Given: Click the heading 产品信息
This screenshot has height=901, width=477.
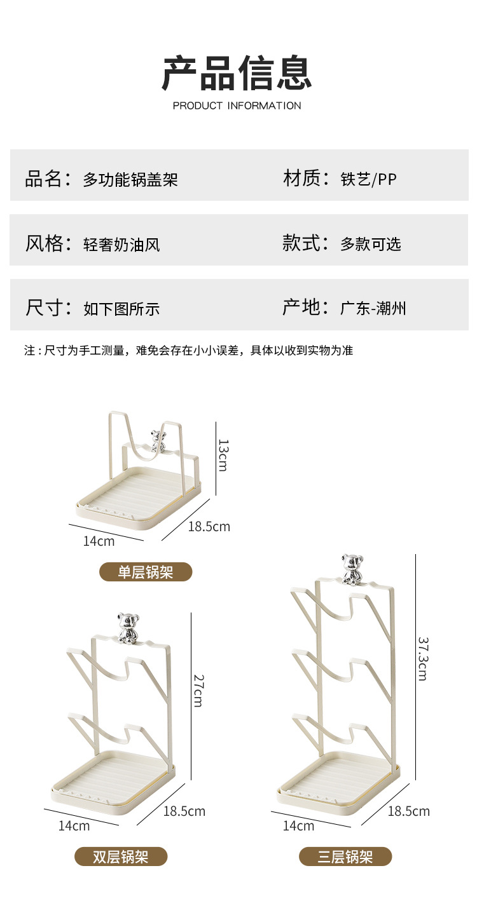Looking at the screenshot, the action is [237, 73].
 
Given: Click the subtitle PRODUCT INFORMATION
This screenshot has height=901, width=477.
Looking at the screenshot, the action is [237, 105].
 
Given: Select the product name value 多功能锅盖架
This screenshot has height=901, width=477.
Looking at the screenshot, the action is [130, 180].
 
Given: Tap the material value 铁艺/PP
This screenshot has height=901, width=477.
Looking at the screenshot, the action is [368, 180].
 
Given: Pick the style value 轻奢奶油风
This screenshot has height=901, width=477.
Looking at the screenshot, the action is [121, 245].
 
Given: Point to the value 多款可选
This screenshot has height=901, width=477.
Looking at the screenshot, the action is [371, 244].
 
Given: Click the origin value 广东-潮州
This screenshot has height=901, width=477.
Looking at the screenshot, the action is [373, 309].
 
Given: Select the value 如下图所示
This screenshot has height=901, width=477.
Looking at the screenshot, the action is [121, 309].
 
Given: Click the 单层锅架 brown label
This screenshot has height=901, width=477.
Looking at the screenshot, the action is [146, 572].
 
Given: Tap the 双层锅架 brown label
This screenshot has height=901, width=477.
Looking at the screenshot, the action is [121, 856].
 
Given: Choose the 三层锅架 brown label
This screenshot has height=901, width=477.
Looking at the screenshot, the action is [345, 856].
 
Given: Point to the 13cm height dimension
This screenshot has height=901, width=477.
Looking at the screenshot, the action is [223, 455].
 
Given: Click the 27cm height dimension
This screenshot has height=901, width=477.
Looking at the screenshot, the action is [198, 689].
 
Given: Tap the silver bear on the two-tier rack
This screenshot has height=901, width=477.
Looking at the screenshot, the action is [128, 628].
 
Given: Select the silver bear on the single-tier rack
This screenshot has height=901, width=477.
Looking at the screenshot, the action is [157, 441].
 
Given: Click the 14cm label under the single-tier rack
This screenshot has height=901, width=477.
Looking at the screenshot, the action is [99, 541].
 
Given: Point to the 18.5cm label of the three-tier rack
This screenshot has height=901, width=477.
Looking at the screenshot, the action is [408, 811].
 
